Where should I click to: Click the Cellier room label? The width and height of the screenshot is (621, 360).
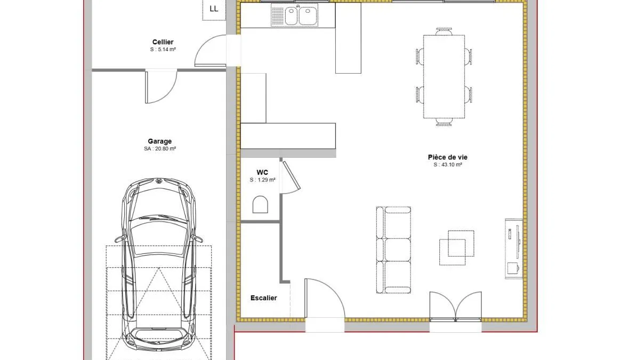pyautogui.click(x=163, y=42)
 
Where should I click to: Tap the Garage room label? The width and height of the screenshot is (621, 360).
pyautogui.click(x=159, y=141)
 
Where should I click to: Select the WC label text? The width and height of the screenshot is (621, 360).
pyautogui.click(x=262, y=172)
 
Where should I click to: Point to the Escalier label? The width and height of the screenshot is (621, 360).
pyautogui.click(x=263, y=298)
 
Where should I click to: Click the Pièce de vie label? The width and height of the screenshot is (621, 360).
pyautogui.click(x=448, y=157)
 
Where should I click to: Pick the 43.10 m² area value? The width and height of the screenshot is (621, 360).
pyautogui.click(x=451, y=165)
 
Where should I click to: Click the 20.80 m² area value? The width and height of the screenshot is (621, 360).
pyautogui.click(x=164, y=149)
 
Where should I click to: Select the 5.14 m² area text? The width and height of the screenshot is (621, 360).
pyautogui.click(x=166, y=50)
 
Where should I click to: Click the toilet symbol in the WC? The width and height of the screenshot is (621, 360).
pyautogui.click(x=260, y=205)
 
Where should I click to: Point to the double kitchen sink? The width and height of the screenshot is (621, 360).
pyautogui.click(x=295, y=15)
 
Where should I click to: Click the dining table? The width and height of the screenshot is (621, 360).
pyautogui.click(x=443, y=76)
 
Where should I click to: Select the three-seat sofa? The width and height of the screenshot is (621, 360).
pyautogui.click(x=393, y=250)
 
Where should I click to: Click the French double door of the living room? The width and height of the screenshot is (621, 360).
pyautogui.click(x=455, y=307)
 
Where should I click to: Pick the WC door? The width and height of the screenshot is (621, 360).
pyautogui.click(x=291, y=177)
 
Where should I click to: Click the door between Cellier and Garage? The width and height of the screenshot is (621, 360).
pyautogui.click(x=161, y=86)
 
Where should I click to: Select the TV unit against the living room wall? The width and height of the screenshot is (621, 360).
pyautogui.click(x=514, y=249)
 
